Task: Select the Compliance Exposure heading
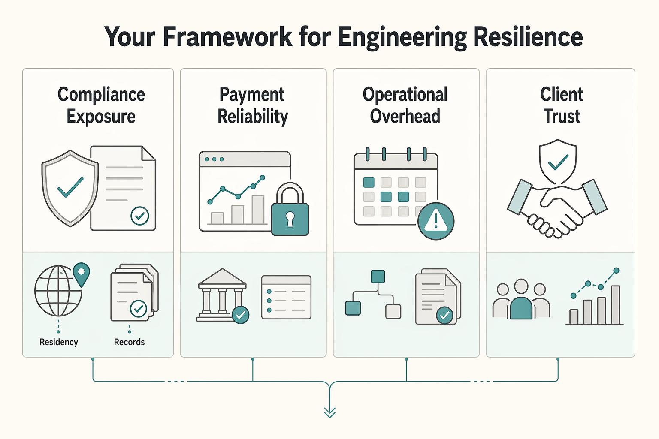click(x=101, y=105)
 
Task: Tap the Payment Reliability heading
click(x=253, y=105)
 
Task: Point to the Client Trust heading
click(x=562, y=105)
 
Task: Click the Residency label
click(x=59, y=342)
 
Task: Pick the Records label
click(x=130, y=342)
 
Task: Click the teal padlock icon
click(x=290, y=209)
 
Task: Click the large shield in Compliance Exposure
click(x=70, y=188)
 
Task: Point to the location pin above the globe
click(x=82, y=274)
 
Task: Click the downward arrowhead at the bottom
click(x=329, y=412)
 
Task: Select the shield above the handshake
click(x=557, y=162)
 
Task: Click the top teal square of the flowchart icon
click(x=378, y=277)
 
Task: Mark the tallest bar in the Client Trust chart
click(x=616, y=305)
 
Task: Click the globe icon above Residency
click(x=58, y=291)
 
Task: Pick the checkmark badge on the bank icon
click(x=240, y=315)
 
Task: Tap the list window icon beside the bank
click(x=286, y=297)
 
